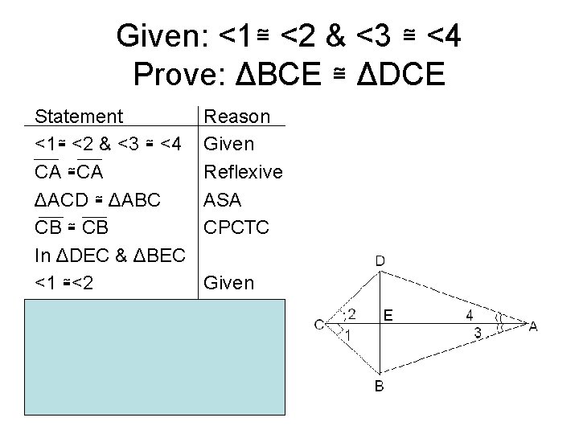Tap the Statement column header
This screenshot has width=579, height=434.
[79, 117]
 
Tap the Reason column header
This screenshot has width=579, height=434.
[237, 117]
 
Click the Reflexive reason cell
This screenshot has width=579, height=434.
[244, 172]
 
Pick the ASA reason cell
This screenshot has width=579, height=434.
[224, 199]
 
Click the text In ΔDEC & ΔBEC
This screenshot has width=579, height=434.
[111, 255]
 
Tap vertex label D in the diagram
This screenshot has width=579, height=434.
[380, 260]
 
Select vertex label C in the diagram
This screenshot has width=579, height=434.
[320, 325]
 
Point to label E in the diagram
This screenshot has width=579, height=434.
[388, 316]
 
